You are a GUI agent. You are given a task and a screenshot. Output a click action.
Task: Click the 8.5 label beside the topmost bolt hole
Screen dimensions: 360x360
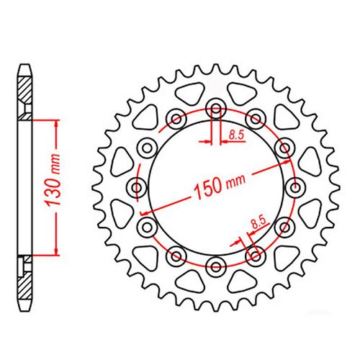[x=236, y=134]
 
